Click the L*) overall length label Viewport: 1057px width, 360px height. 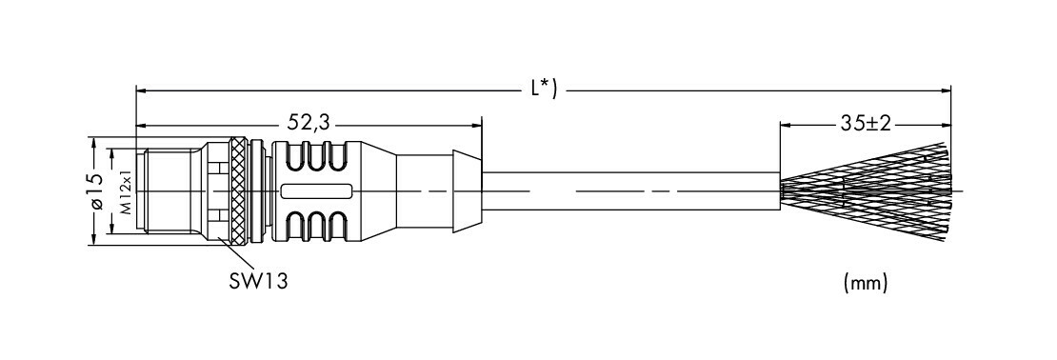(x=544, y=89)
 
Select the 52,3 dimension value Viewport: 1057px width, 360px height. (x=309, y=122)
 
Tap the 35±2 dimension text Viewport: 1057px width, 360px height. (x=866, y=123)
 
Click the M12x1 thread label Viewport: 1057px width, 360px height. (x=127, y=191)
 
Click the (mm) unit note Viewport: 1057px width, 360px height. (x=865, y=284)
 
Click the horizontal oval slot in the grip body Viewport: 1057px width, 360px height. (x=317, y=191)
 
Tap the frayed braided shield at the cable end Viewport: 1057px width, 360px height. (x=866, y=191)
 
